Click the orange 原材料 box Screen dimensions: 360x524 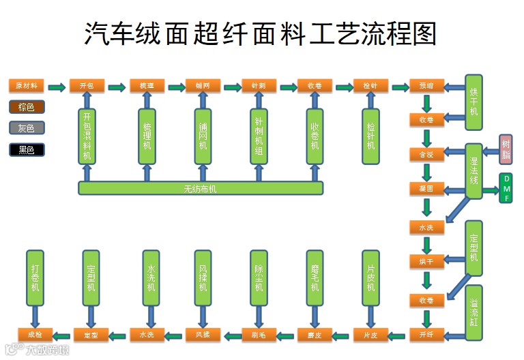(27, 86)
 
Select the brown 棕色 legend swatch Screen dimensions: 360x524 (27, 107)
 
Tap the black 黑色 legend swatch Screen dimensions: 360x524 (27, 149)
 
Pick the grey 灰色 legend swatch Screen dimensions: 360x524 (27, 127)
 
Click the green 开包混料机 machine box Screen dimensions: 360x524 (87, 136)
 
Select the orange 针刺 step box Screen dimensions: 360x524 (259, 86)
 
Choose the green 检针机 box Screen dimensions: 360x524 (370, 136)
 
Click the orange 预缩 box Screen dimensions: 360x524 (426, 86)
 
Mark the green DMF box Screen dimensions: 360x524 (506, 188)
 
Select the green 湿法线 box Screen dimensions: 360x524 (474, 170)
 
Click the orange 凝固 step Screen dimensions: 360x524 (426, 187)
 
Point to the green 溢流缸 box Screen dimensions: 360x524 (474, 313)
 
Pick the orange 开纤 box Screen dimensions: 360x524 (426, 335)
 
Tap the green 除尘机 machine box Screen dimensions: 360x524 (259, 277)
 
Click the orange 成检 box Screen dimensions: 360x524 (35, 335)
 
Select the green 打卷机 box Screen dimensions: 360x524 (35, 277)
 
